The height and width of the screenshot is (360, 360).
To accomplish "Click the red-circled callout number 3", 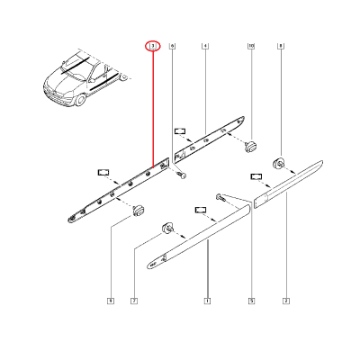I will (x=152, y=45).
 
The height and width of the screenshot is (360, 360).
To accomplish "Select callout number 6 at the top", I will (x=173, y=45).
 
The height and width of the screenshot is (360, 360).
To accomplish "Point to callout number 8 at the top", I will (x=281, y=45).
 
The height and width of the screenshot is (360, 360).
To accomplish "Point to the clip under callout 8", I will (x=281, y=164).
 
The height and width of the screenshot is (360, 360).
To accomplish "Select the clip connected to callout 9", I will (x=139, y=210).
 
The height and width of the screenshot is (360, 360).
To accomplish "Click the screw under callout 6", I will (x=180, y=176).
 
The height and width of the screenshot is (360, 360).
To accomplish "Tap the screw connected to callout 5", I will (x=220, y=196).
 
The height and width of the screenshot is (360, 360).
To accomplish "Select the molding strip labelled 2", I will (x=288, y=184).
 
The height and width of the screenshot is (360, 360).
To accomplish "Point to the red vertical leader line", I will (x=152, y=108).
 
